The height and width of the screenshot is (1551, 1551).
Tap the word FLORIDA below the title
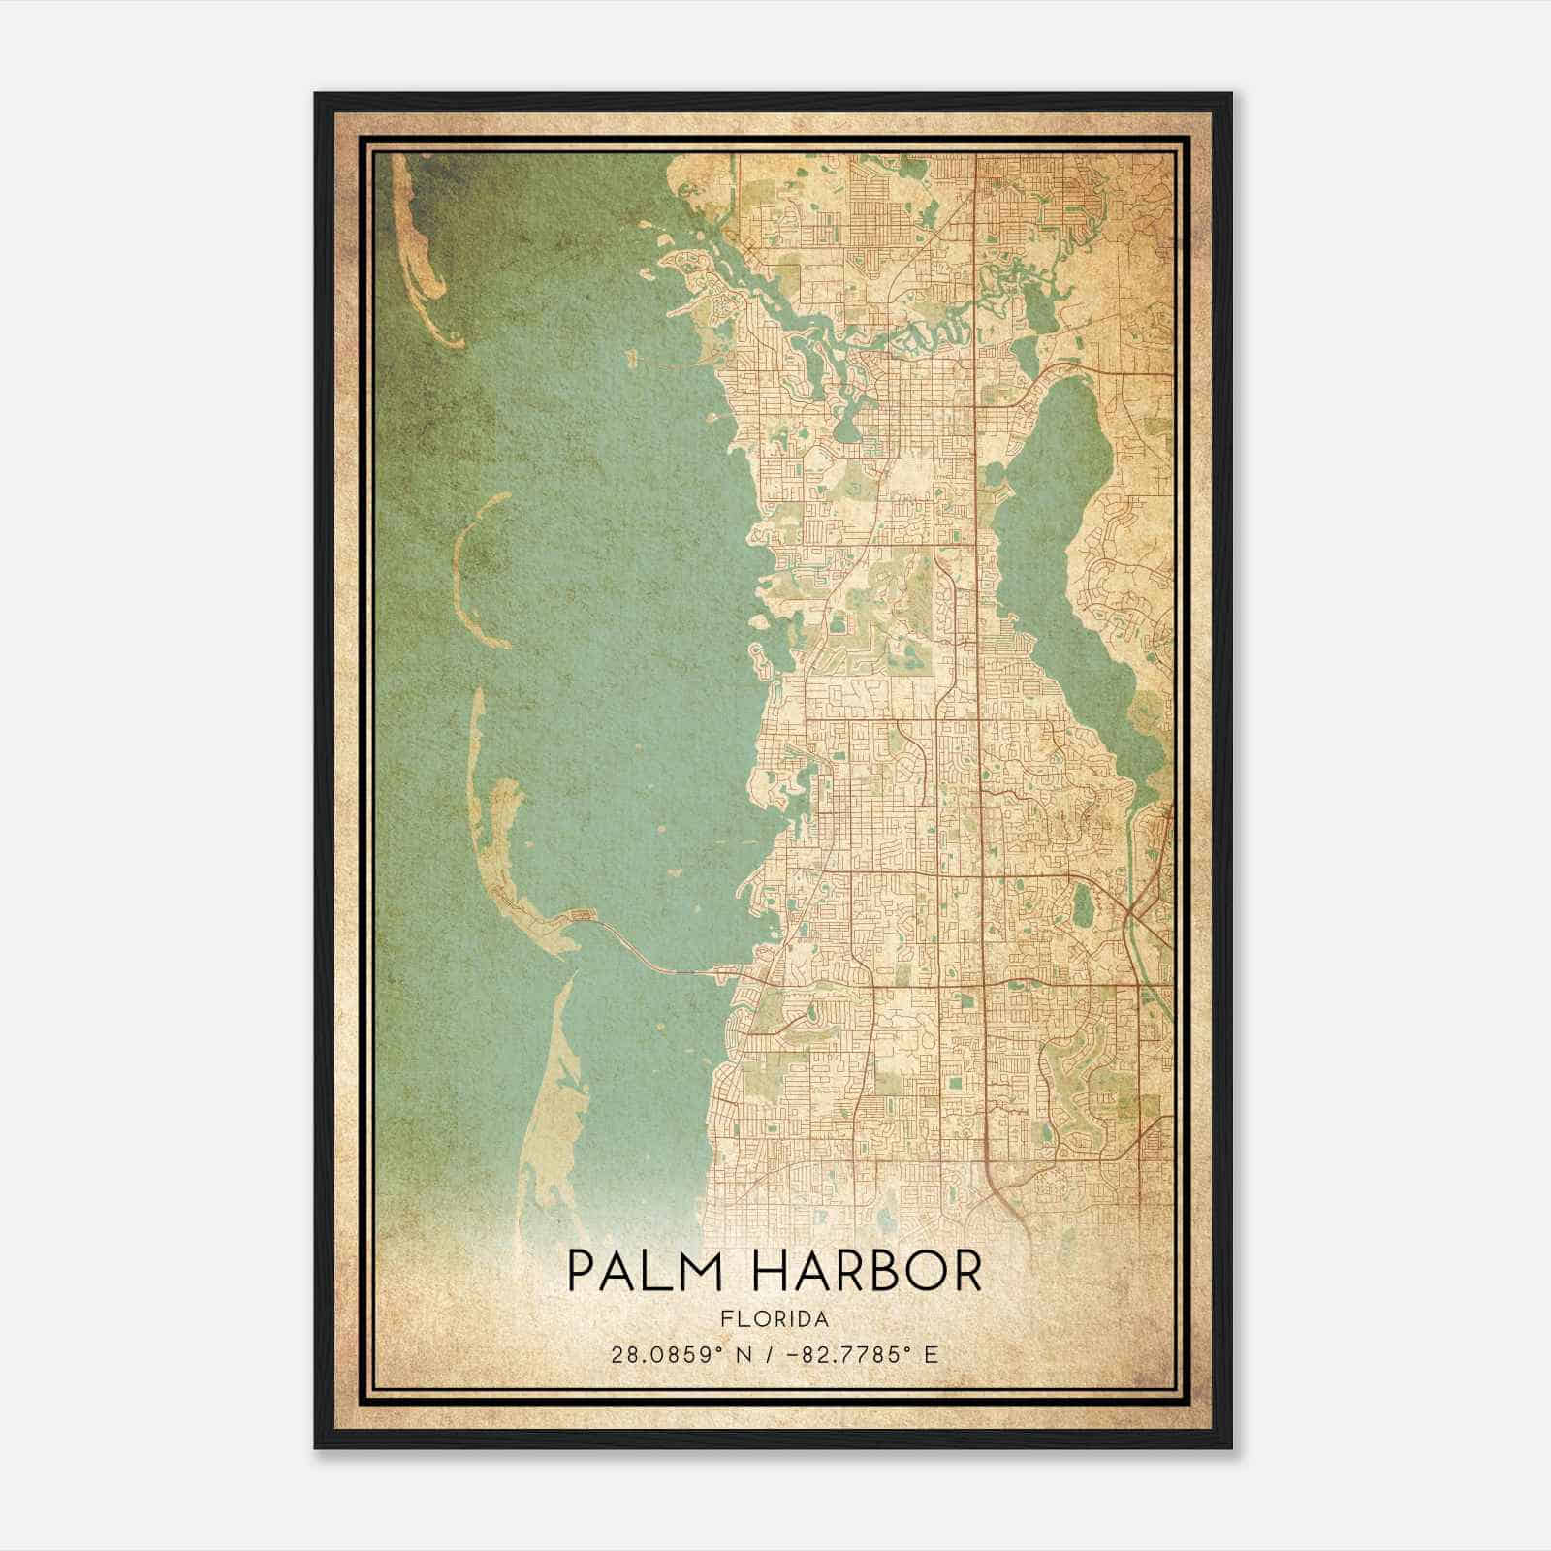coord(775,1319)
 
